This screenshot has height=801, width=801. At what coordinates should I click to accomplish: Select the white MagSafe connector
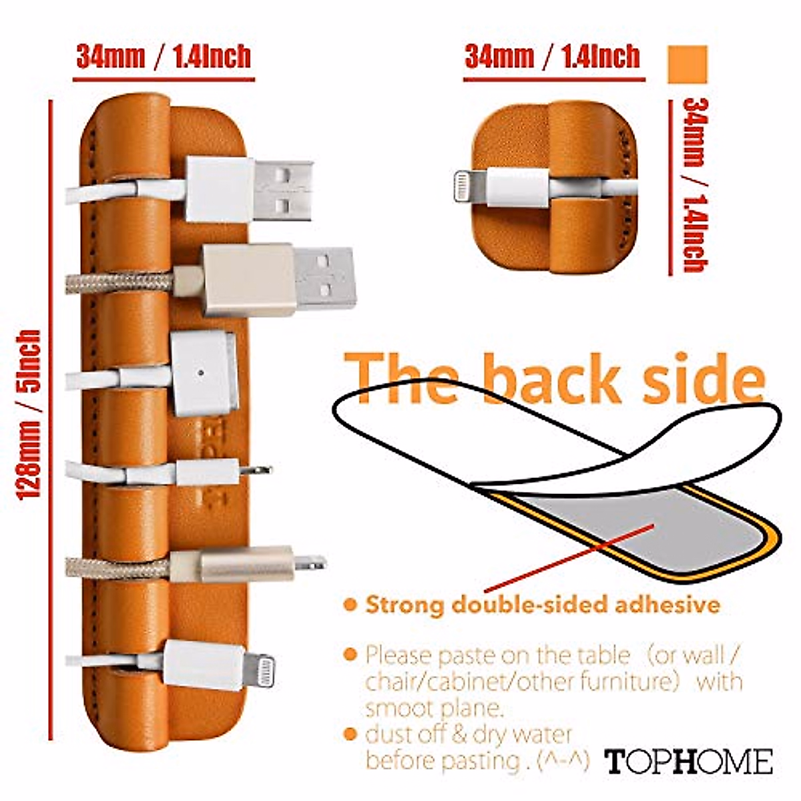point(204,374)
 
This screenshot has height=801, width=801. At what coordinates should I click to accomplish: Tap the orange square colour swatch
point(687,64)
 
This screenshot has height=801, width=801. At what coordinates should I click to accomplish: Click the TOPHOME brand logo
point(689,762)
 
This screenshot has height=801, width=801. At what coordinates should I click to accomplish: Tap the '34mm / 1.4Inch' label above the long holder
point(164,57)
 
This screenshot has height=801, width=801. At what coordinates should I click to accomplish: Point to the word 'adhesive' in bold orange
point(667,605)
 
